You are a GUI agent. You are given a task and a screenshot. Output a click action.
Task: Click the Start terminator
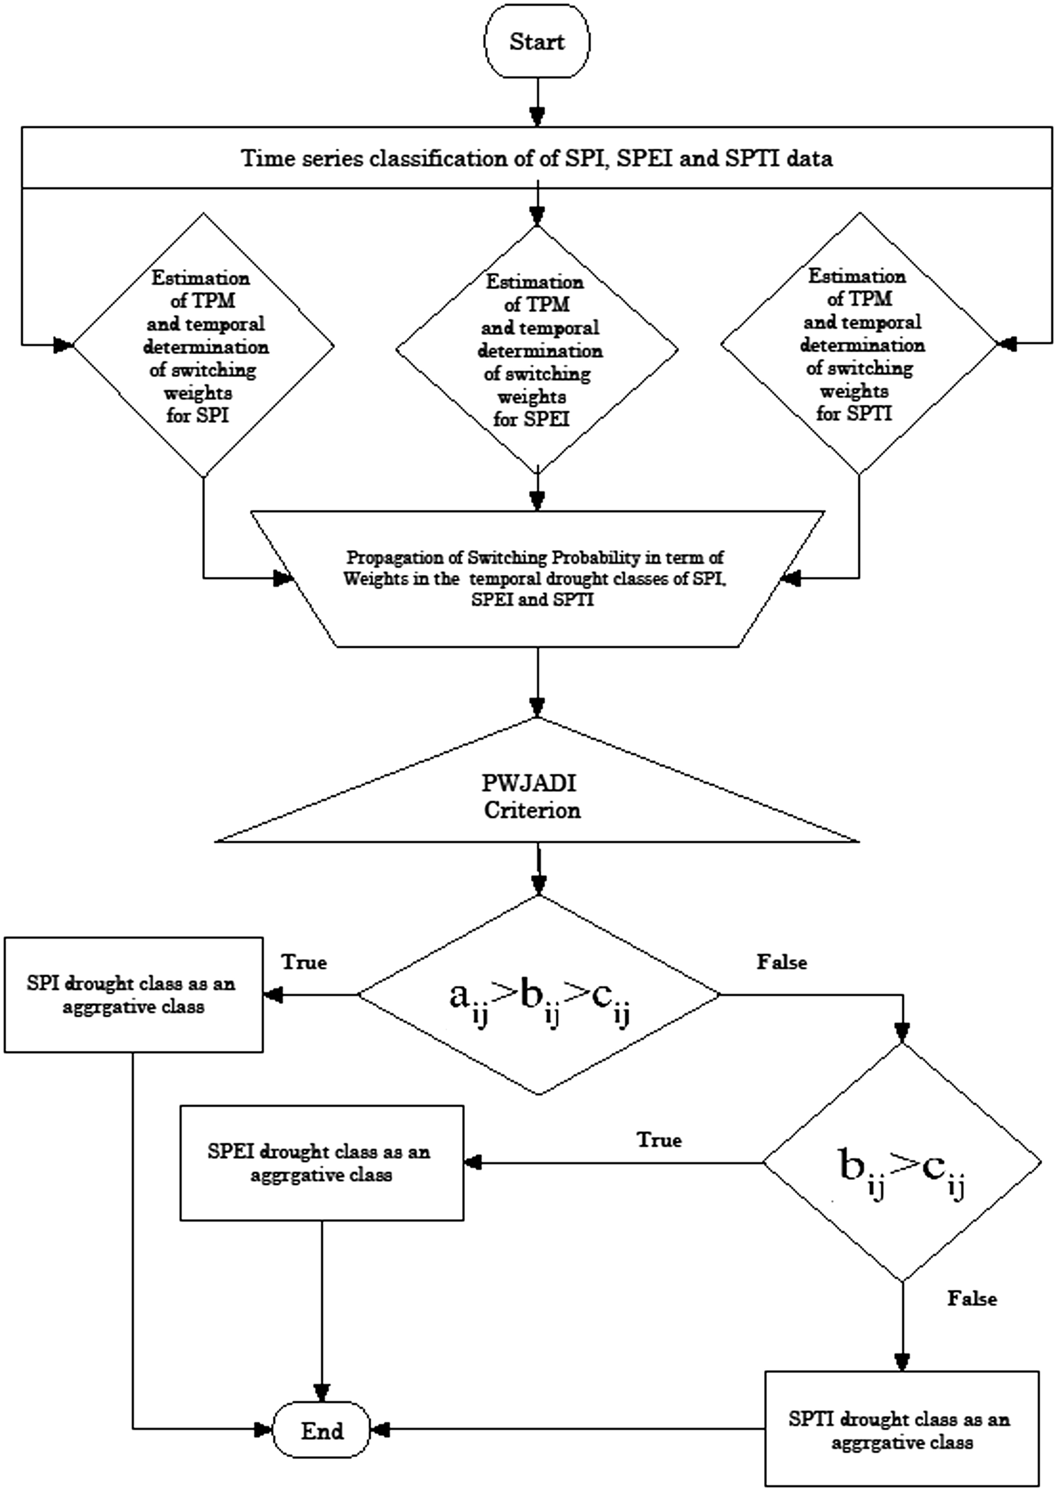coord(537,42)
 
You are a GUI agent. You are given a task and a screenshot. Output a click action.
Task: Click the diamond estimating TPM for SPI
coord(203,345)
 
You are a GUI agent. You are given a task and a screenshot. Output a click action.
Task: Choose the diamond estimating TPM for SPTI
coord(859,343)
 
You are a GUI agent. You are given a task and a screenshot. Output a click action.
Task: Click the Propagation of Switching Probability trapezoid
coord(538,578)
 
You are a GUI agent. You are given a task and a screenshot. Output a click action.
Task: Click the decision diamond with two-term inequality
coord(902,1162)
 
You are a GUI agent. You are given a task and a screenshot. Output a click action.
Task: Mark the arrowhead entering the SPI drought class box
coord(273,994)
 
